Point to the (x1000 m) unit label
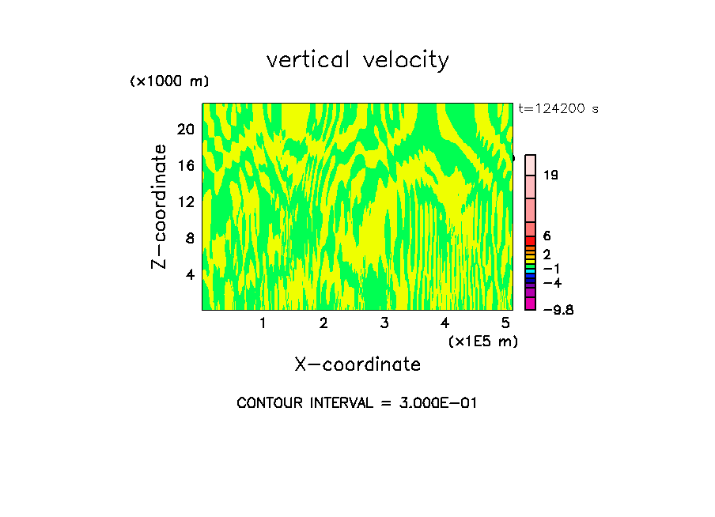[x=169, y=82]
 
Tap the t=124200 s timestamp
[x=558, y=108]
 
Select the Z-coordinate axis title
[x=161, y=206]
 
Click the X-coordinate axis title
[x=357, y=364]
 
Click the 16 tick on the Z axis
[x=185, y=165]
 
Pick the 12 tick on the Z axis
[x=185, y=202]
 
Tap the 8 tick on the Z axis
[x=190, y=238]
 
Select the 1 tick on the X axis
[x=263, y=323]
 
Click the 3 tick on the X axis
[x=384, y=323]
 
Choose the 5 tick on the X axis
[x=505, y=323]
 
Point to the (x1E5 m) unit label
[x=482, y=341]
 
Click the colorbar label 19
[x=550, y=175]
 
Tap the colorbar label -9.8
[x=558, y=309]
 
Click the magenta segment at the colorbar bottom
[x=531, y=304]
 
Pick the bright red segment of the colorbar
[x=531, y=240]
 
